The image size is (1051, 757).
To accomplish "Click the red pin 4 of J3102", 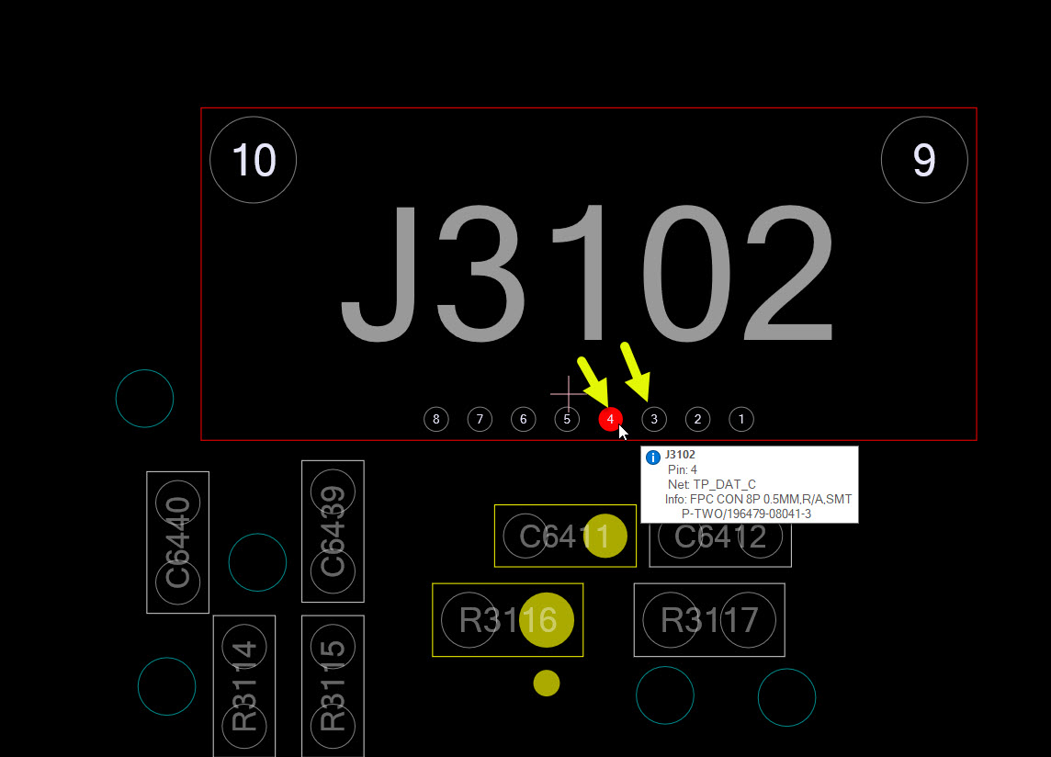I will point(610,420).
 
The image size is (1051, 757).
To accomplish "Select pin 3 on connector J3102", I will point(654,420).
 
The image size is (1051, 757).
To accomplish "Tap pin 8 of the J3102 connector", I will point(436,420).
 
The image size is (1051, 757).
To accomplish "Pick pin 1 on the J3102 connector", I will point(741,420).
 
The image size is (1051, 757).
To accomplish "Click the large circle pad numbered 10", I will point(254,161).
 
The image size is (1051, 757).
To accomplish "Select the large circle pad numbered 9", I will point(924,161).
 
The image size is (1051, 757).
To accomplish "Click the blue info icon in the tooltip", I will point(653,458).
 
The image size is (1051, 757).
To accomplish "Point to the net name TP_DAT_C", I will point(724,484).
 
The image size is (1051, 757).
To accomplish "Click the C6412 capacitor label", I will point(720,537).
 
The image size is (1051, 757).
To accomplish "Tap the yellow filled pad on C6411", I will point(606,537).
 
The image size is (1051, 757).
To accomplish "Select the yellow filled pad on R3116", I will point(547,621).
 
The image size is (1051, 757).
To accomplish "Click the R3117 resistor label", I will point(709,620).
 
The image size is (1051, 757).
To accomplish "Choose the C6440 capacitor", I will point(178,542).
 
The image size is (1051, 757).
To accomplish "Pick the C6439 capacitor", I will point(333,531).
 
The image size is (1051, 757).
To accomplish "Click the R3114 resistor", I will point(244,686).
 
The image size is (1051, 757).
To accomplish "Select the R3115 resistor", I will point(333,686).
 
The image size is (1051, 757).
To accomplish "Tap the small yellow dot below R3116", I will point(547,683).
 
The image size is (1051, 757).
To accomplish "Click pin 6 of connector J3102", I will point(523,420).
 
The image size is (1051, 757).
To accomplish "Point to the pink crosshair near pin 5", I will point(568,393).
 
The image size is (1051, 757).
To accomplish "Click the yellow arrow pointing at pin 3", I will point(637,370).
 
